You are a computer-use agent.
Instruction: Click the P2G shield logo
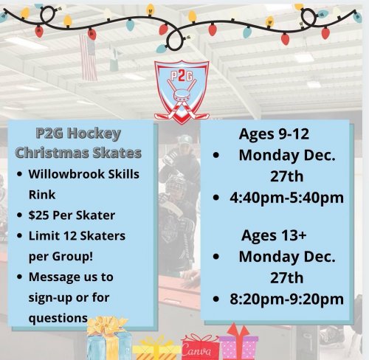(182, 92)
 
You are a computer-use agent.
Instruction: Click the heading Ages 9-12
(274, 134)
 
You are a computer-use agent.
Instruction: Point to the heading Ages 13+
(274, 235)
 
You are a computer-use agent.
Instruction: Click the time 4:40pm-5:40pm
(286, 198)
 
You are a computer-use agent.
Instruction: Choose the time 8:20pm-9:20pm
(286, 300)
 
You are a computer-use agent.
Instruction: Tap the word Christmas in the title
(52, 153)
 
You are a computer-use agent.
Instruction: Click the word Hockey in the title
(94, 134)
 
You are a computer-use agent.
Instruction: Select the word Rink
(42, 195)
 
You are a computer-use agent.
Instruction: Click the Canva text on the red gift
(196, 350)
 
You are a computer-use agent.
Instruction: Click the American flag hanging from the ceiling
(88, 58)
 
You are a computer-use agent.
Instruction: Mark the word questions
(58, 318)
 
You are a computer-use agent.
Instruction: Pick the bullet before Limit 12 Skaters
(19, 235)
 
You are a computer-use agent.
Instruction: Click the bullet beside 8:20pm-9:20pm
(216, 300)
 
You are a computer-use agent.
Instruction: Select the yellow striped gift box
(156, 349)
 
